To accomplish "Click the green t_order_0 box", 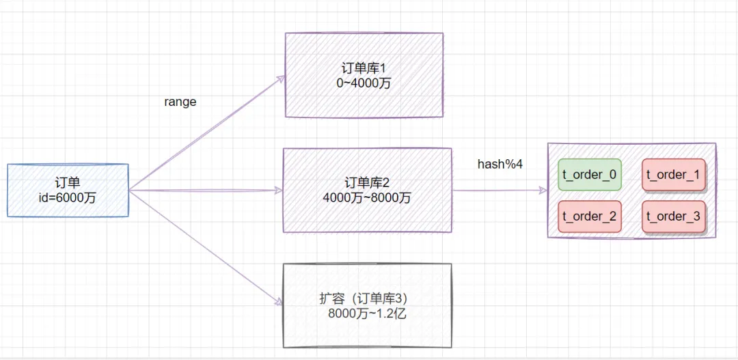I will tap(590, 175).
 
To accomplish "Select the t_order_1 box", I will tap(673, 175).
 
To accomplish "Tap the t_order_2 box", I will tap(590, 217).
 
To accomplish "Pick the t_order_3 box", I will tap(673, 217).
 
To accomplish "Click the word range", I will tap(180, 102).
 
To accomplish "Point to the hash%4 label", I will tap(500, 165).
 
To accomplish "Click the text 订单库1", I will tap(364, 69).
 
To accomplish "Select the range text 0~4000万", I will tap(364, 84).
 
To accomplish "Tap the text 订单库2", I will tap(368, 183).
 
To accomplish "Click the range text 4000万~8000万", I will tap(368, 198).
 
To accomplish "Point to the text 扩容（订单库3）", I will tap(368, 299).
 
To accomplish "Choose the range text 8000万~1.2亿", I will tap(368, 314).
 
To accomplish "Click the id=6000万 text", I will tap(68, 197).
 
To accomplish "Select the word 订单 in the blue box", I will tap(68, 182).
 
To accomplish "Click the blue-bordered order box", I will tap(68, 190).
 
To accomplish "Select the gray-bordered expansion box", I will tap(368, 305).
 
